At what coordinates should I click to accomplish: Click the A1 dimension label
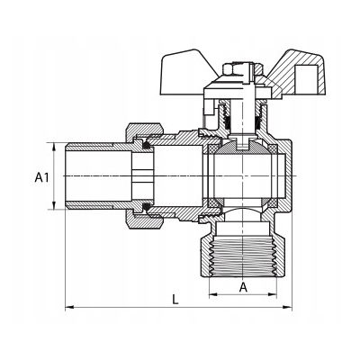(x=41, y=177)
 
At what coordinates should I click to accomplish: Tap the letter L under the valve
(x=175, y=300)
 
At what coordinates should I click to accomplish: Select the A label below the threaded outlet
(x=243, y=287)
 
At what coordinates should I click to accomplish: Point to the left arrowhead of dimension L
(x=69, y=307)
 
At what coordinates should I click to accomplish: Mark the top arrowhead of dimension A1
(x=54, y=148)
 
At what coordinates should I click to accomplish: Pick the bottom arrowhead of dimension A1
(x=54, y=205)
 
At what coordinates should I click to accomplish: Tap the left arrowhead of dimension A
(x=213, y=294)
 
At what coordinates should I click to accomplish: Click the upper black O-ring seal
(x=146, y=145)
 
